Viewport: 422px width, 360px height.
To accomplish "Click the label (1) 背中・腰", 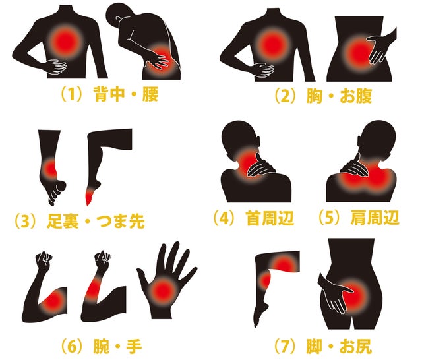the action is coord(109,94).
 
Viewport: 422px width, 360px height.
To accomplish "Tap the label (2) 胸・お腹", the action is coord(322,96).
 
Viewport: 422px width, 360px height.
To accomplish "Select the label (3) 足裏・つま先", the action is coord(79,221).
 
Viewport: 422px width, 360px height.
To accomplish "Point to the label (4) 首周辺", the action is coord(253,218).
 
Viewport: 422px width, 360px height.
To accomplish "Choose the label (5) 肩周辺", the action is coord(358,218).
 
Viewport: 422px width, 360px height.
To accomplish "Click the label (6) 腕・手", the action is coord(101,346).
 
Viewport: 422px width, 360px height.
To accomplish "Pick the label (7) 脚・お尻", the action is coord(322,346).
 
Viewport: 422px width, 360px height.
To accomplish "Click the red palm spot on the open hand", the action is coord(164,291).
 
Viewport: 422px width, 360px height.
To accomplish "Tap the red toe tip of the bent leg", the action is coord(88,197).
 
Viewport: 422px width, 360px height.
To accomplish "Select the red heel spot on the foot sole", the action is coord(50,169).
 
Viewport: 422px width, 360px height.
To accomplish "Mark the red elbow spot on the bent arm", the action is coord(55,301).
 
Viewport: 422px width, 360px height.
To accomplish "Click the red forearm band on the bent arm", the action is coord(94,289).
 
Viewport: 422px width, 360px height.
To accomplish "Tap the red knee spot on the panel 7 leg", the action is coord(265,280).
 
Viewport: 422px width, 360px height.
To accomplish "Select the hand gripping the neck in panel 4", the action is coord(260,166).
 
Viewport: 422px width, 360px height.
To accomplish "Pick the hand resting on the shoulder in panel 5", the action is coord(354,166).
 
